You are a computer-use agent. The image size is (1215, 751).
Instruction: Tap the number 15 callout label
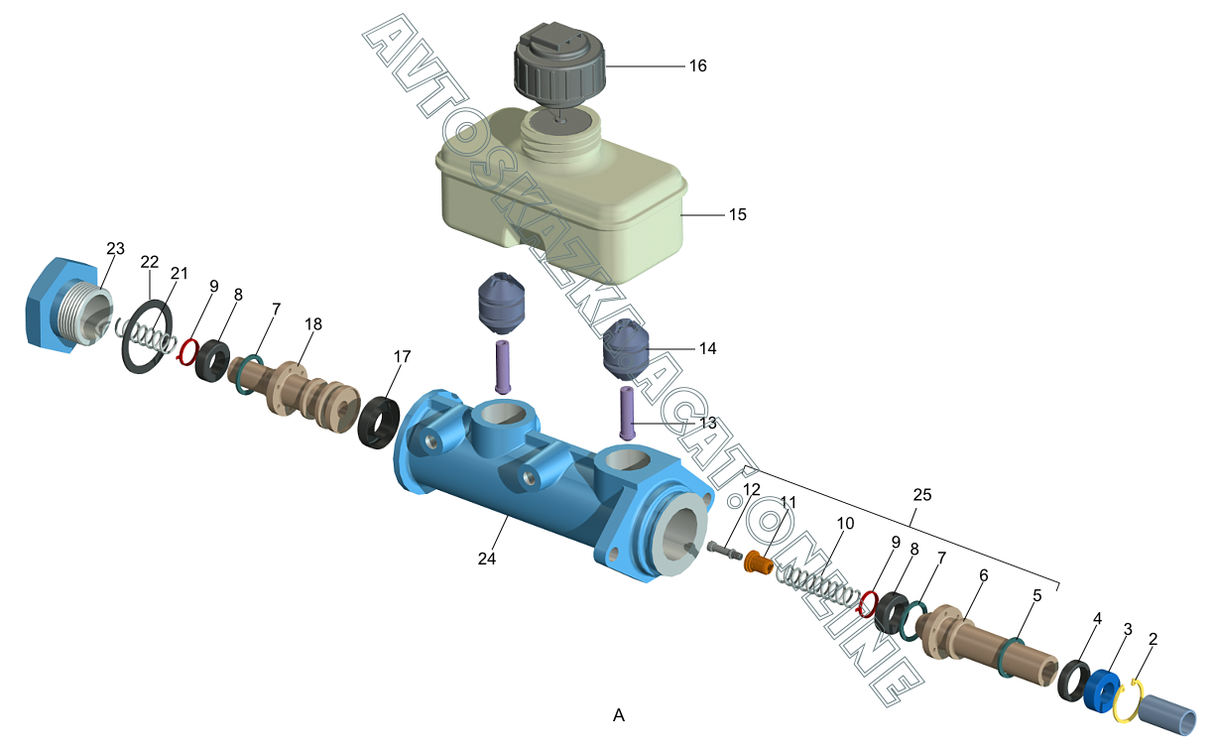737,214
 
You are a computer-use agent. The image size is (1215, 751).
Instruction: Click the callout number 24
486,559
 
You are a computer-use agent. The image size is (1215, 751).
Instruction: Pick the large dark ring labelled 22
146,336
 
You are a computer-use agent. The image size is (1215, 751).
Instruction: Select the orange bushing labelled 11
759,563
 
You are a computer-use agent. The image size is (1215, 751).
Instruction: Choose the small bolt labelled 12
723,548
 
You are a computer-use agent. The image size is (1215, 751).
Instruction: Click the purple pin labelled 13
627,413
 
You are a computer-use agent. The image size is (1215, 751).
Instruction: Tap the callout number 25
922,494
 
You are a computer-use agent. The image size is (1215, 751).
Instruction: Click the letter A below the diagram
619,714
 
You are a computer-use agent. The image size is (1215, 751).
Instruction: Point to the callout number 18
313,324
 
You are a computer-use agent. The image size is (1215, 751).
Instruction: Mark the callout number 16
698,65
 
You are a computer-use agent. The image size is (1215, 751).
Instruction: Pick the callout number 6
983,574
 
